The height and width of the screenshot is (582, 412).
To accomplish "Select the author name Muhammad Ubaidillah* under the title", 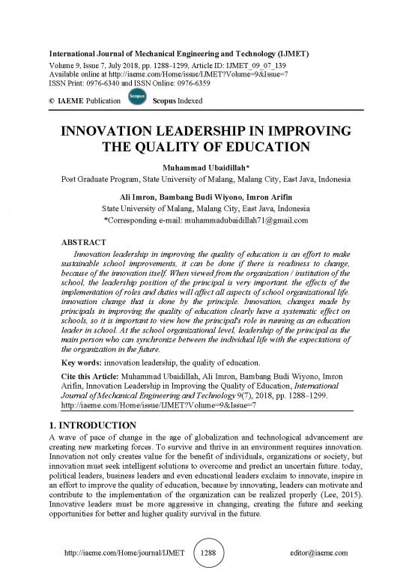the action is pos(206,167).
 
